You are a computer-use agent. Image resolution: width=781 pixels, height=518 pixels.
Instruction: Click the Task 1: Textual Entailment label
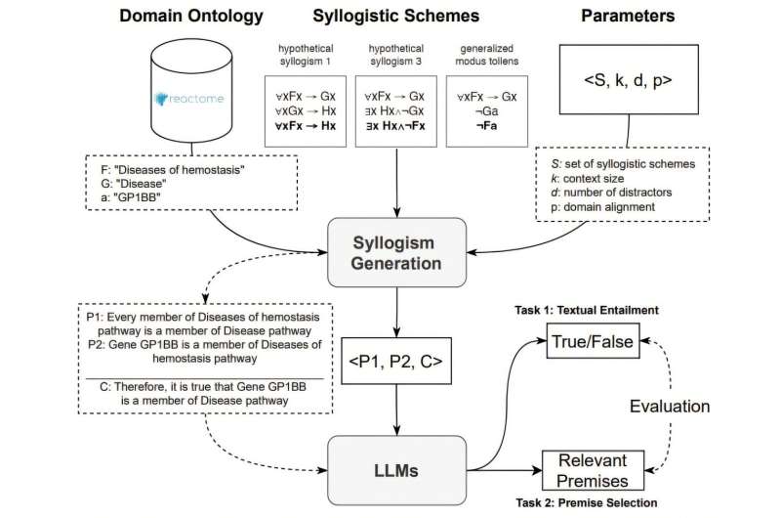click(585, 310)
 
